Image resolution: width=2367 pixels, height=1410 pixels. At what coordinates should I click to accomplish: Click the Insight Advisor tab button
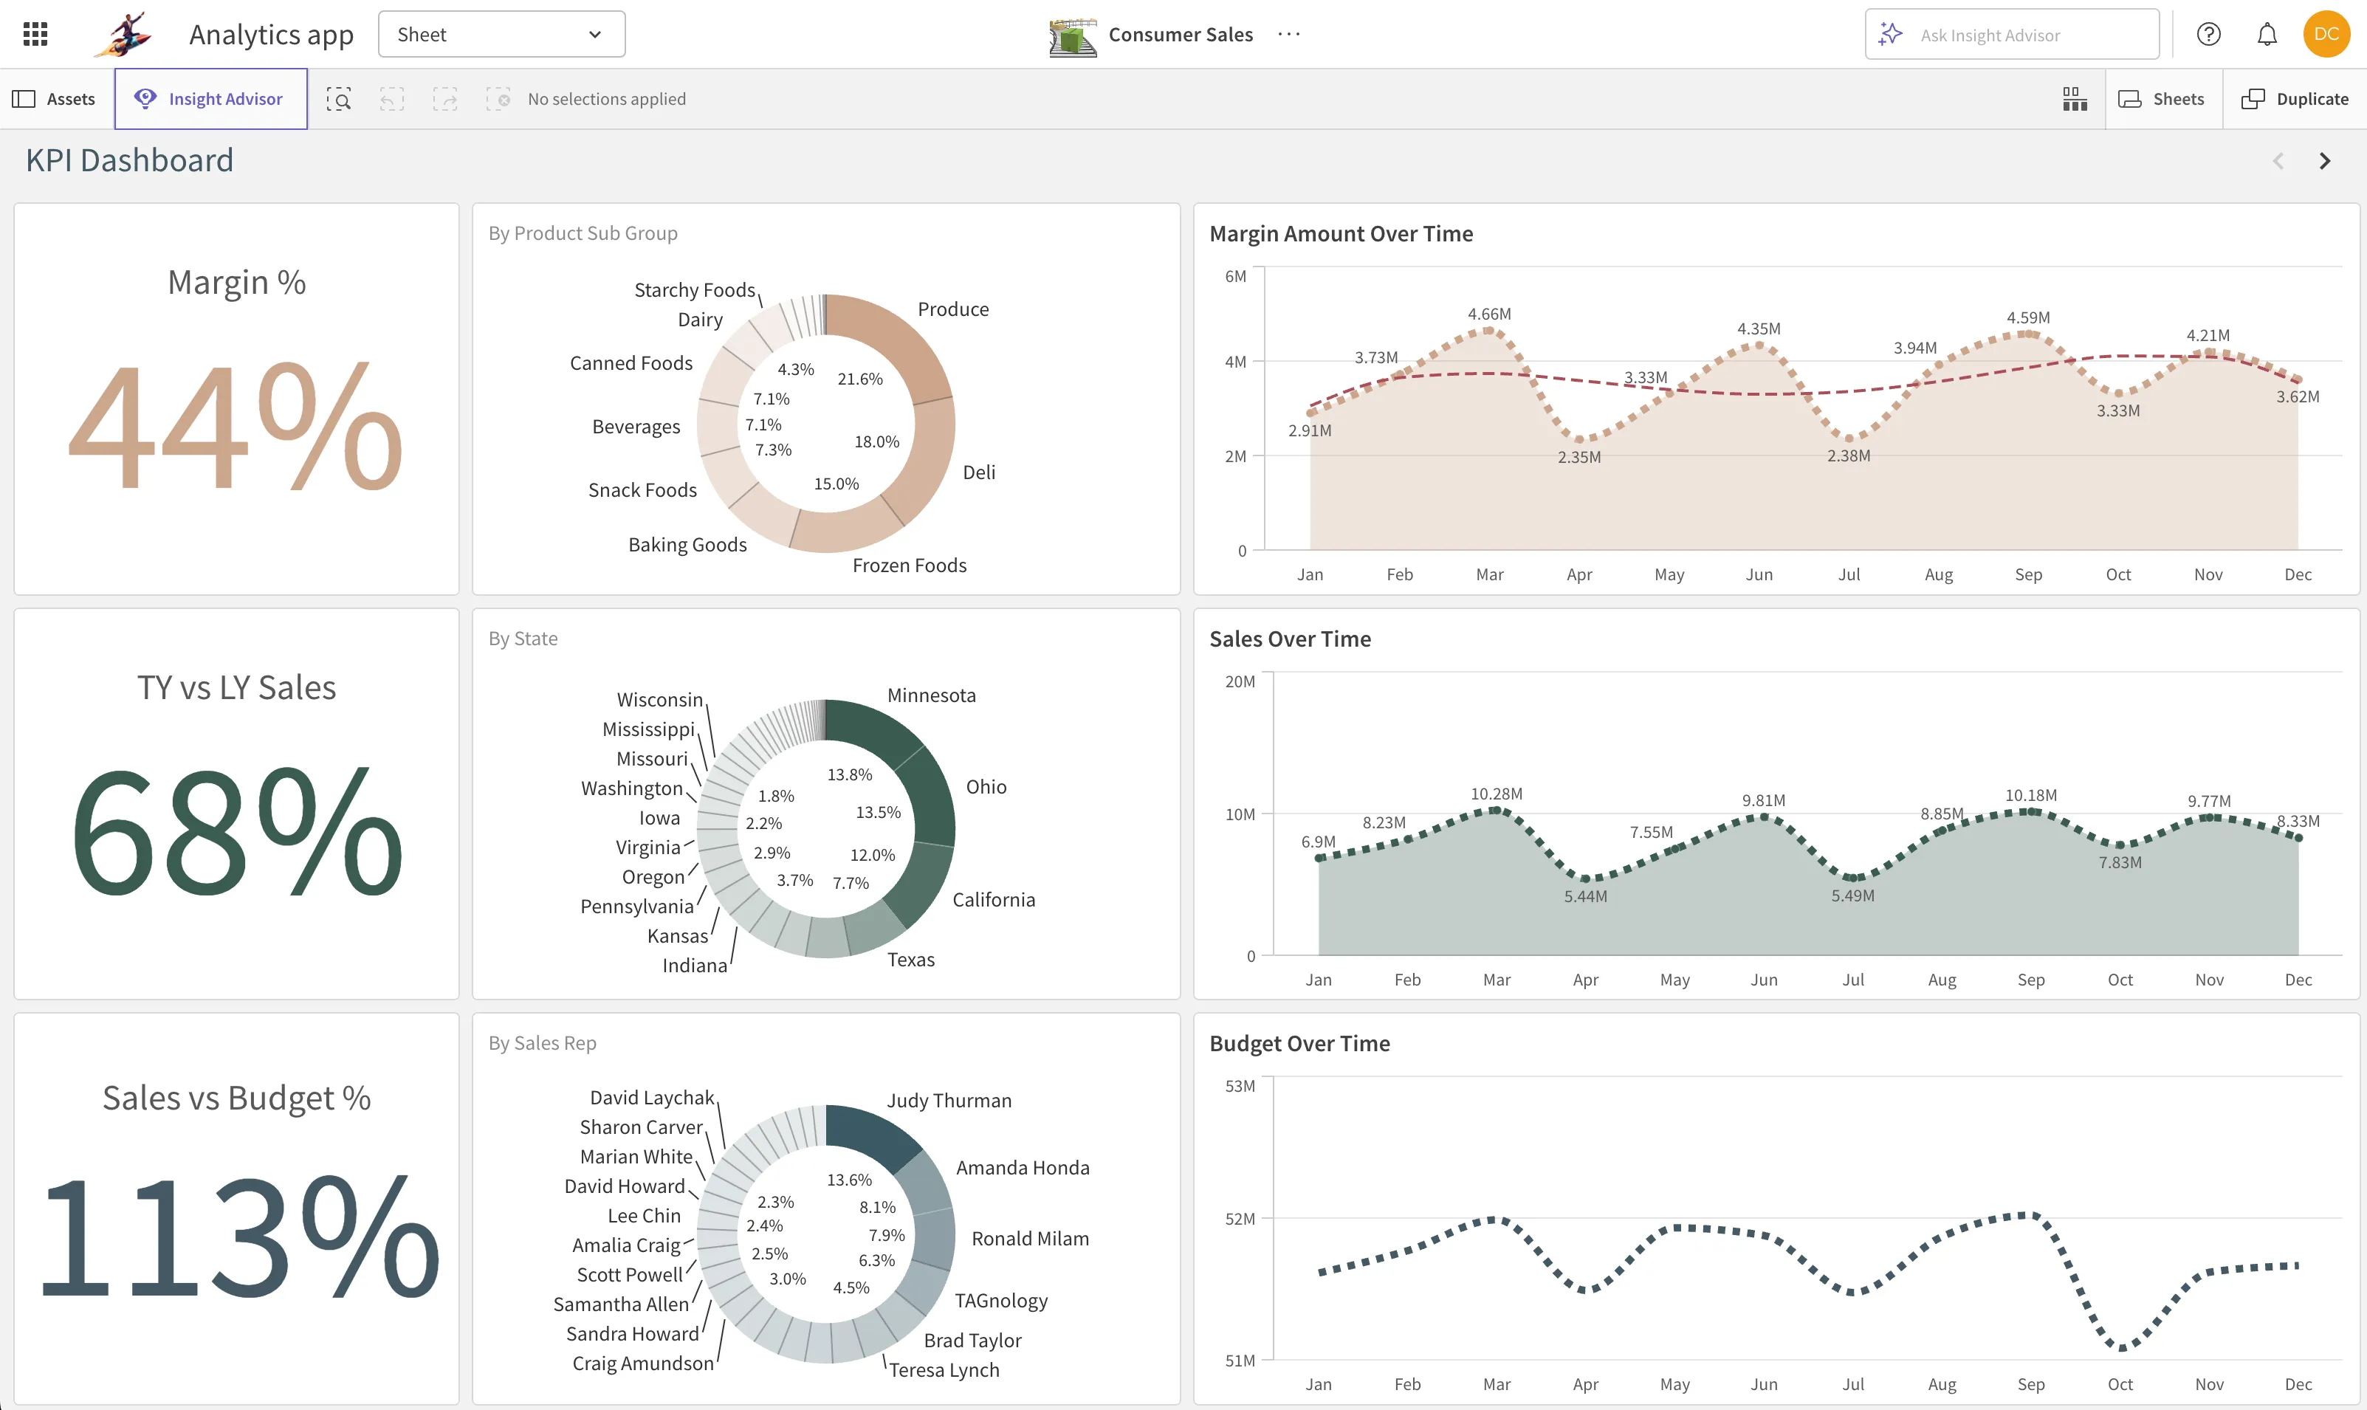210,99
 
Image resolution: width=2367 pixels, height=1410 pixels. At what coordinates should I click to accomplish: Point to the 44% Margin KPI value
236,424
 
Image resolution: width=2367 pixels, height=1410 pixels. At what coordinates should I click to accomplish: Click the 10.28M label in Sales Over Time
1496,794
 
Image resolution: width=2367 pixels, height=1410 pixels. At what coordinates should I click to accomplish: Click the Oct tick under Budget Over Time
2119,1384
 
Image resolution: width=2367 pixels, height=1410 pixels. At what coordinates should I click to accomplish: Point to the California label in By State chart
993,900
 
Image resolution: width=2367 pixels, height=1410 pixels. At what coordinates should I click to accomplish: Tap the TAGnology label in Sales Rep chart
1000,1301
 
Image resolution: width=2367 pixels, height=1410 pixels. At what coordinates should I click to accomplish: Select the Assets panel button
54,99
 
